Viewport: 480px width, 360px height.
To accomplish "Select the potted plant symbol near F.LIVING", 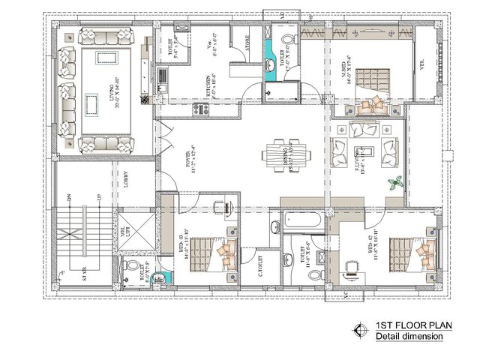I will pyautogui.click(x=392, y=183).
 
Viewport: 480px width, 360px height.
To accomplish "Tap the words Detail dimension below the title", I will pyautogui.click(x=409, y=337).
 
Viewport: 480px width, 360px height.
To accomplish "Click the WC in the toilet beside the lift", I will pyautogui.click(x=133, y=268).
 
